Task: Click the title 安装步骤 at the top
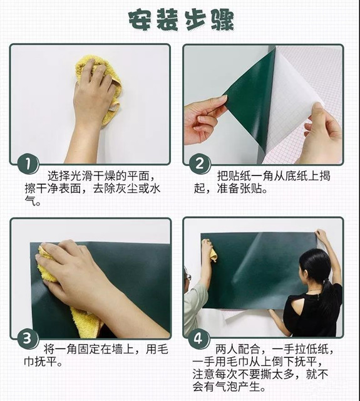point(181,20)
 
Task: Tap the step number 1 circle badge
point(28,164)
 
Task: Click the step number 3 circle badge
point(28,338)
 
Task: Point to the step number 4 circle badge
point(198,338)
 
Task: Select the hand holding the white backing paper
point(322,133)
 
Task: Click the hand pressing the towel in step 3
point(82,276)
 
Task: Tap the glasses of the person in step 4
point(188,276)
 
